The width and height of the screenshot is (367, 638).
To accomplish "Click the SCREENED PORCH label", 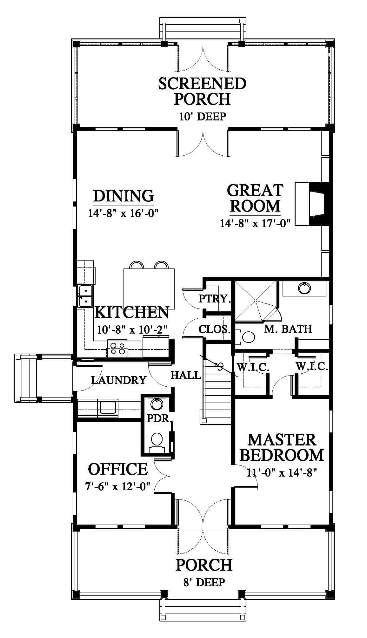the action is pyautogui.click(x=202, y=91).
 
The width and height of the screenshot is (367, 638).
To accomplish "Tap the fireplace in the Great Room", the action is pyautogui.click(x=313, y=204).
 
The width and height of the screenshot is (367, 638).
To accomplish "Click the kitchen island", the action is pyautogui.click(x=149, y=288).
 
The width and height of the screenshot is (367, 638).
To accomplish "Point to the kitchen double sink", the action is pyautogui.click(x=85, y=296).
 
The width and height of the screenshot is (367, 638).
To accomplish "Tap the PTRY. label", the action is pyautogui.click(x=215, y=299).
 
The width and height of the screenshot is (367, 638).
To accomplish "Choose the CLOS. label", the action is pyautogui.click(x=215, y=329).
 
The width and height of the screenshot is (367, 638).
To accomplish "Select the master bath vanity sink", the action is pyautogui.click(x=304, y=288).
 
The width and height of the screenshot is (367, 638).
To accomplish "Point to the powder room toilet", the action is pyautogui.click(x=157, y=442).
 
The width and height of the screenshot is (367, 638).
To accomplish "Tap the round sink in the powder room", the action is pyautogui.click(x=156, y=404).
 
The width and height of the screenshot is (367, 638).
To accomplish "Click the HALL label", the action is pyautogui.click(x=186, y=375).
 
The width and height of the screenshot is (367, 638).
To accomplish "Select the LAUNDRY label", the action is pyautogui.click(x=119, y=380).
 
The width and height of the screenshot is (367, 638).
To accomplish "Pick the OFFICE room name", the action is pyautogui.click(x=118, y=469).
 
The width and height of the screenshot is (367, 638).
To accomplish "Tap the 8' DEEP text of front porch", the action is pyautogui.click(x=204, y=582).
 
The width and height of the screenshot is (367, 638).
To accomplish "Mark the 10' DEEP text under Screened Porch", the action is pyautogui.click(x=203, y=117).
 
